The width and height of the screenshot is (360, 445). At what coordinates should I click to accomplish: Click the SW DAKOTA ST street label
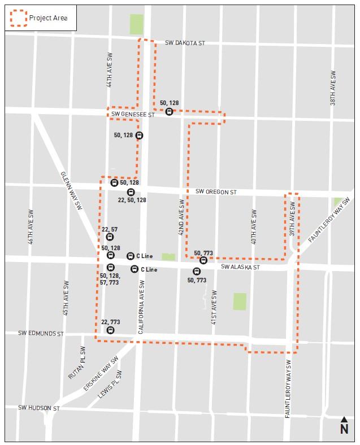point(185,43)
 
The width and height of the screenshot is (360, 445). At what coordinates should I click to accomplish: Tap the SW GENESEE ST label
point(133,114)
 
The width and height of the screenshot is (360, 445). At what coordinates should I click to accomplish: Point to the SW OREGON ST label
point(216,192)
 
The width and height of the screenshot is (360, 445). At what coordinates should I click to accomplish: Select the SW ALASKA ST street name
point(240,267)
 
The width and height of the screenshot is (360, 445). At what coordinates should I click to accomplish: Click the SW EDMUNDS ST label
point(40,334)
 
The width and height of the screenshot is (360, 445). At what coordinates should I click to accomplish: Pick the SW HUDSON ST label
point(38,407)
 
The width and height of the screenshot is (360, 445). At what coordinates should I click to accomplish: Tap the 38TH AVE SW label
point(333,88)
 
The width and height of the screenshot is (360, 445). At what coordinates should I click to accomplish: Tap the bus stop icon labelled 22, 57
point(110,237)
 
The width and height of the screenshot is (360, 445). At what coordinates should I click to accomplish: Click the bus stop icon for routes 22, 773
point(111,330)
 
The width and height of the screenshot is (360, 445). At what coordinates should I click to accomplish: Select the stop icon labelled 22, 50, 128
point(131,193)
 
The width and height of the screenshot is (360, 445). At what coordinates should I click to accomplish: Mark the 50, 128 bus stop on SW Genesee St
point(169,112)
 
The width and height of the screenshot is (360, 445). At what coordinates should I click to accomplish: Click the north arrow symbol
point(344,426)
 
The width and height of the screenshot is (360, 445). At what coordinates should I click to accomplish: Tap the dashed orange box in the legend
point(18,18)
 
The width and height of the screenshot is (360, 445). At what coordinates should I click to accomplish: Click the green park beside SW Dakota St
point(136,24)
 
